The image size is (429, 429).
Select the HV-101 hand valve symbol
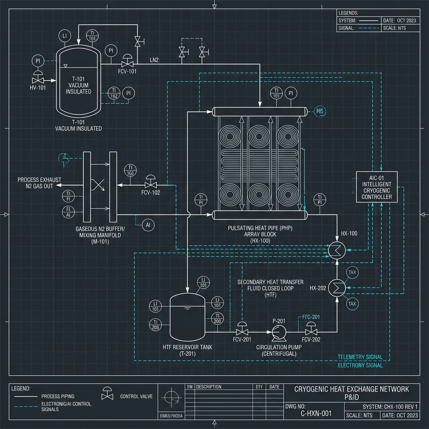[x=39, y=80]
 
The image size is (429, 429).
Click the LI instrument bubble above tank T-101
[x=65, y=36]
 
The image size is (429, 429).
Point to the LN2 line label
[x=154, y=60]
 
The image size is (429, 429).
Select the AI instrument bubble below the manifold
[x=148, y=225]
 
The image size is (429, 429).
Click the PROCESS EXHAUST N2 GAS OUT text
[x=39, y=183]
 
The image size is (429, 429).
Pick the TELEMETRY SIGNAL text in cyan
[x=360, y=357]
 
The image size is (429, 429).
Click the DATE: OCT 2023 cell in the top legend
[x=399, y=21]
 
